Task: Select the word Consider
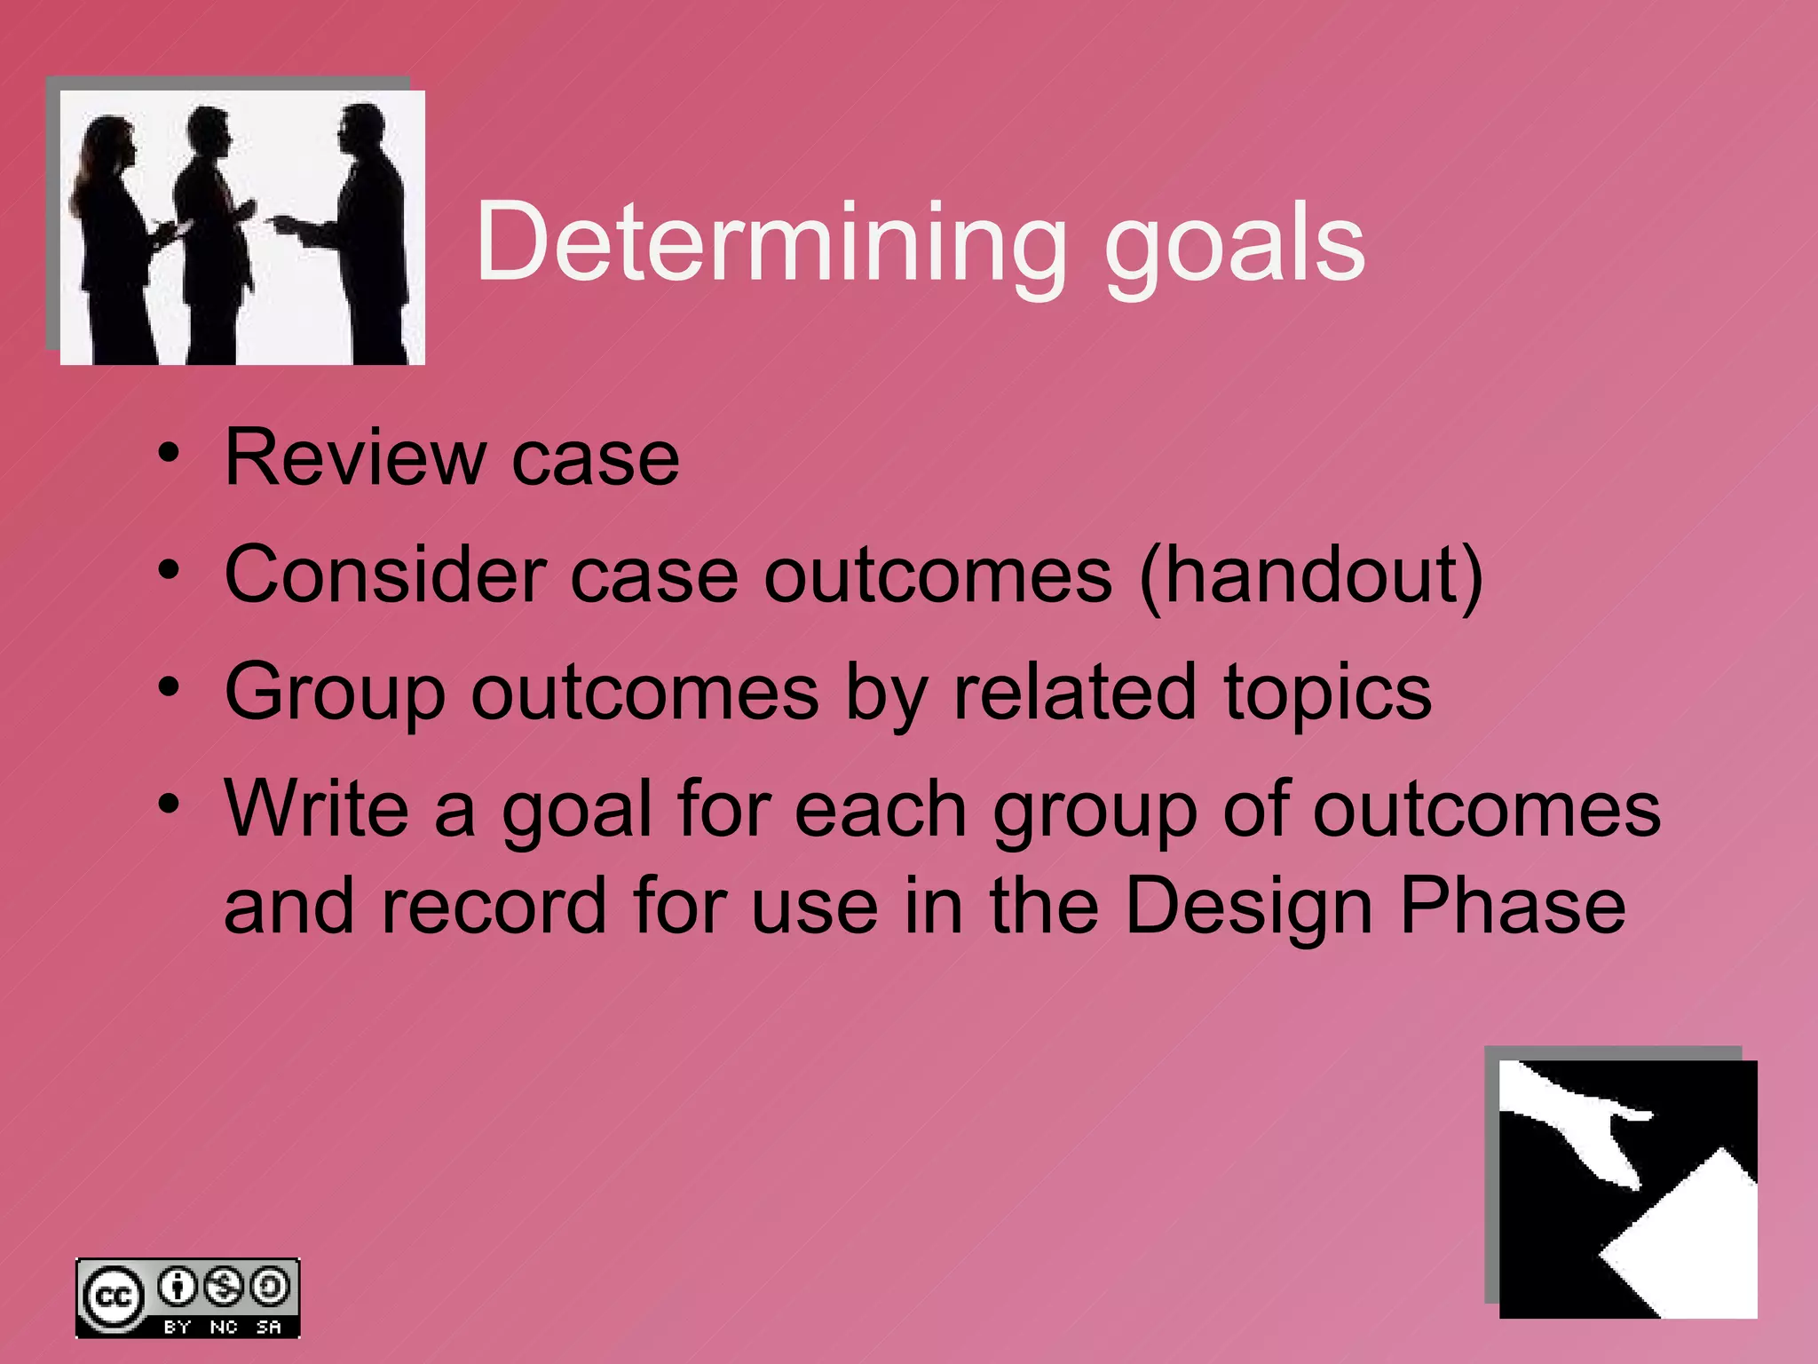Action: [x=385, y=575]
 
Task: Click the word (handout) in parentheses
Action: [x=1312, y=577]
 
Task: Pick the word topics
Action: [x=1327, y=694]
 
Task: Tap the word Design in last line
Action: [x=1249, y=908]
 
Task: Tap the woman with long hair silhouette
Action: [x=111, y=231]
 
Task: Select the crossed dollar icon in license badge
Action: [x=224, y=1286]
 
